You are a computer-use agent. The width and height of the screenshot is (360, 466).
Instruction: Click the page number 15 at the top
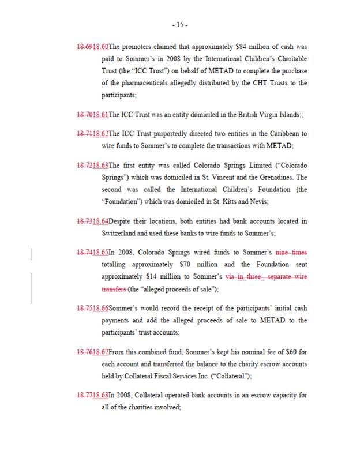coord(179,25)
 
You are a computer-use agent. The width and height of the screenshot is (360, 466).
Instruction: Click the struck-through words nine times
coord(291,253)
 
